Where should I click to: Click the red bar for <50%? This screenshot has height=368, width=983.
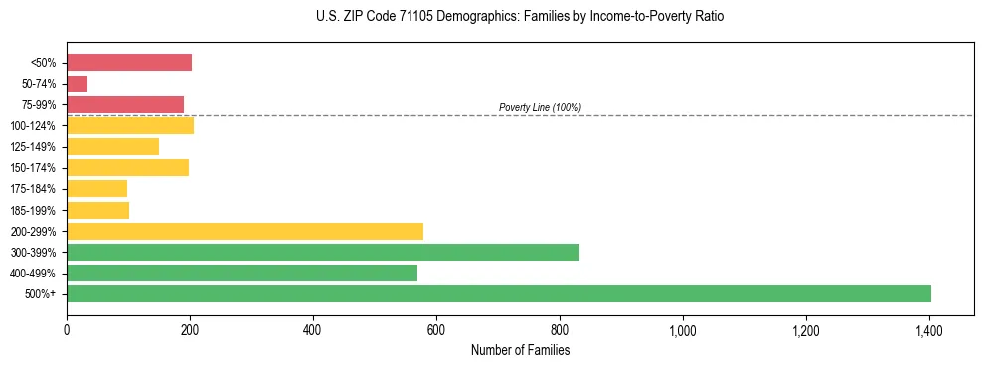pos(129,63)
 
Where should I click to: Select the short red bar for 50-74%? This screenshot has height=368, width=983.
pos(78,84)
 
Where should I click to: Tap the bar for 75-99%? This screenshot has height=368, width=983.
pos(125,104)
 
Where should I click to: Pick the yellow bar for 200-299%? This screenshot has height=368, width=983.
pos(245,231)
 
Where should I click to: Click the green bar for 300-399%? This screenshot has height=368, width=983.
pos(323,252)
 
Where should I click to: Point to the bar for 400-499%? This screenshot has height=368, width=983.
pos(316,273)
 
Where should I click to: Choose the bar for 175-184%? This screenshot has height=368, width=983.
pos(97,188)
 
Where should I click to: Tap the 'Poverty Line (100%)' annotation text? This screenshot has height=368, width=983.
pos(540,107)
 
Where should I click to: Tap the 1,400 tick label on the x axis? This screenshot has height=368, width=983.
pos(928,329)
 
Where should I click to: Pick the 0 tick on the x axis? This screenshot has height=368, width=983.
pos(67,329)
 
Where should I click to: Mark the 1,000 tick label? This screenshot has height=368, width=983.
pos(683,329)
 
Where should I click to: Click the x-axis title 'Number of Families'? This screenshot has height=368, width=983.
pos(520,350)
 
